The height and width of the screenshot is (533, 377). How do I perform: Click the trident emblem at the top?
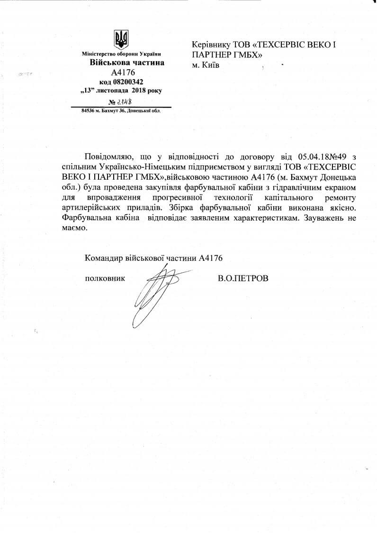[x=122, y=39]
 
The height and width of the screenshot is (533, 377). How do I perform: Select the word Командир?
[x=103, y=258]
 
